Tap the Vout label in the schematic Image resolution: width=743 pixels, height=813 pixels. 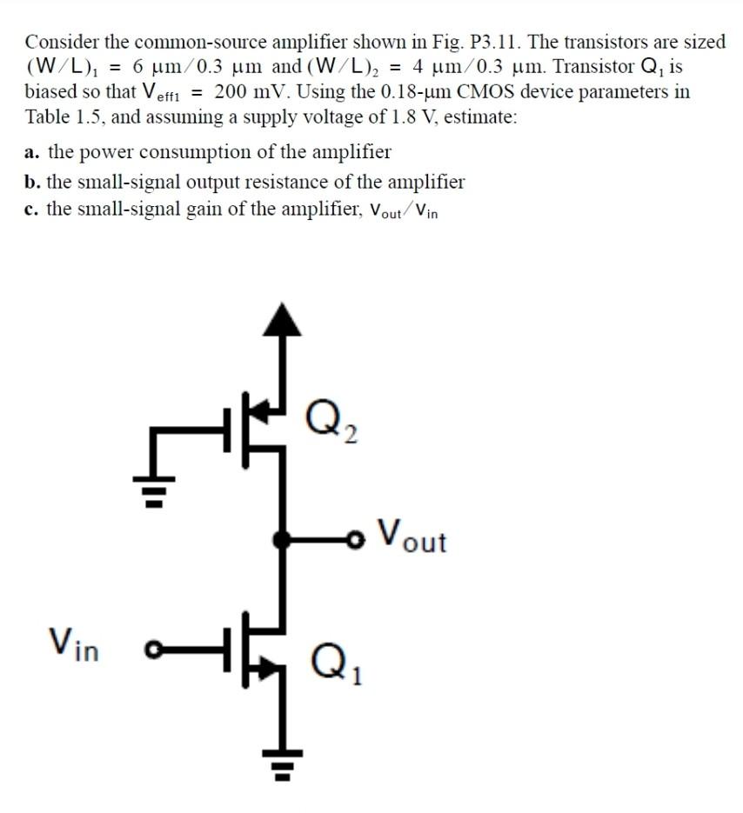[413, 536]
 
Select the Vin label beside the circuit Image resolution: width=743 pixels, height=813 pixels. [73, 644]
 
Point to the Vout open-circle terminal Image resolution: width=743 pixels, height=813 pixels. [356, 539]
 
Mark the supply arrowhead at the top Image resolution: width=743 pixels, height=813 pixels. [280, 318]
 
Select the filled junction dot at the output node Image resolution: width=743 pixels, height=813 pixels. [280, 539]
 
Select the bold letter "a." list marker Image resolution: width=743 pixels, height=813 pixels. [33, 153]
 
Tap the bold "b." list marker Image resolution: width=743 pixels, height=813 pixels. [33, 183]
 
